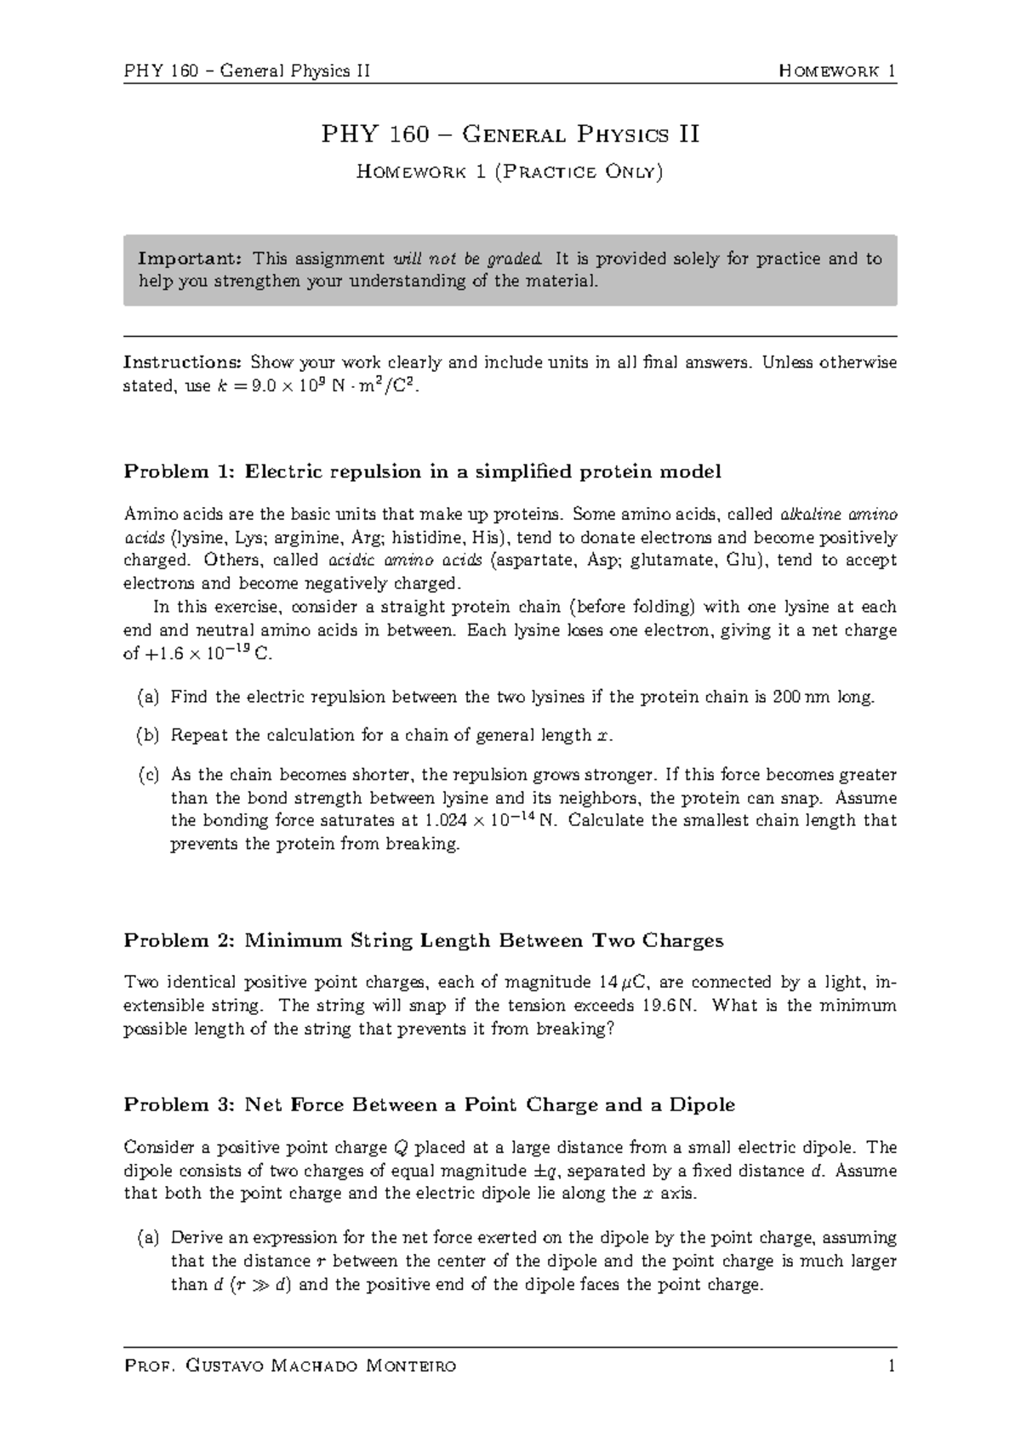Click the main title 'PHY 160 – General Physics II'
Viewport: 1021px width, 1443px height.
pos(510,134)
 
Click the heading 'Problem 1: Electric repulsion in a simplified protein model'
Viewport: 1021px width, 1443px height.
pos(422,471)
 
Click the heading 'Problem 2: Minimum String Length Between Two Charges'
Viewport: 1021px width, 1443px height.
pos(423,940)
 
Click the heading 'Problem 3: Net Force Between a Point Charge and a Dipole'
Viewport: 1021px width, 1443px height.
pos(429,1105)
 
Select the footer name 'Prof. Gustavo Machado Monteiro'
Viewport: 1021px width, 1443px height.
pos(290,1366)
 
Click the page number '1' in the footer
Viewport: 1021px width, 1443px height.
pos(891,1366)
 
